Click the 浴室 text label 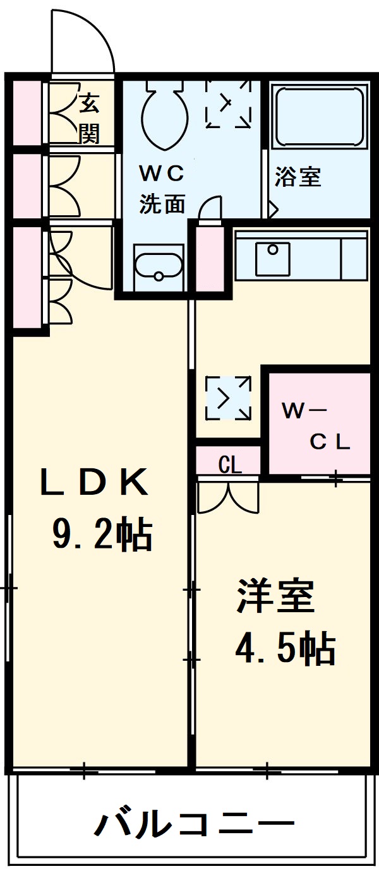coord(298,177)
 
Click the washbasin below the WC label coord(158,268)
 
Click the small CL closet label coord(229,466)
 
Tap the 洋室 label coord(275,596)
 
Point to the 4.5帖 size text coord(284,648)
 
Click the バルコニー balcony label coord(195,824)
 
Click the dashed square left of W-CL coord(227,397)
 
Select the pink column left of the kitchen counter coord(210,259)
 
